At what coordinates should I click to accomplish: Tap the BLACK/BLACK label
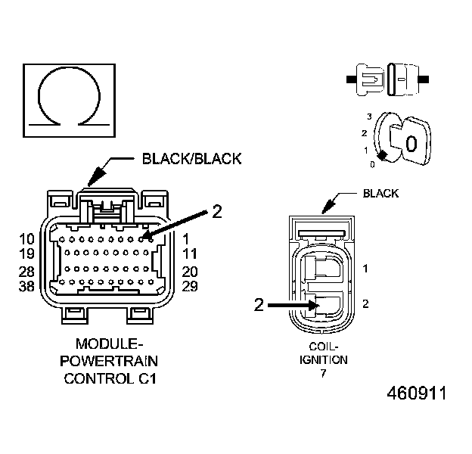pyautogui.click(x=191, y=159)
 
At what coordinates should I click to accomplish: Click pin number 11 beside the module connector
pyautogui.click(x=191, y=253)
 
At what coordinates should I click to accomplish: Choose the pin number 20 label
pyautogui.click(x=191, y=272)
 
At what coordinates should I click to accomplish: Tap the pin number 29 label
pyautogui.click(x=191, y=287)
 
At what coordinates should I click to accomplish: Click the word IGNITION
pyautogui.click(x=328, y=360)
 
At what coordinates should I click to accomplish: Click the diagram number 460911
pyautogui.click(x=416, y=394)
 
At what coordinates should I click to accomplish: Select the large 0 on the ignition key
pyautogui.click(x=411, y=143)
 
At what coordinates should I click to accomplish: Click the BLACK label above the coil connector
pyautogui.click(x=380, y=194)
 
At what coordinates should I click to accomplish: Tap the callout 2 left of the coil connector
pyautogui.click(x=259, y=305)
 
